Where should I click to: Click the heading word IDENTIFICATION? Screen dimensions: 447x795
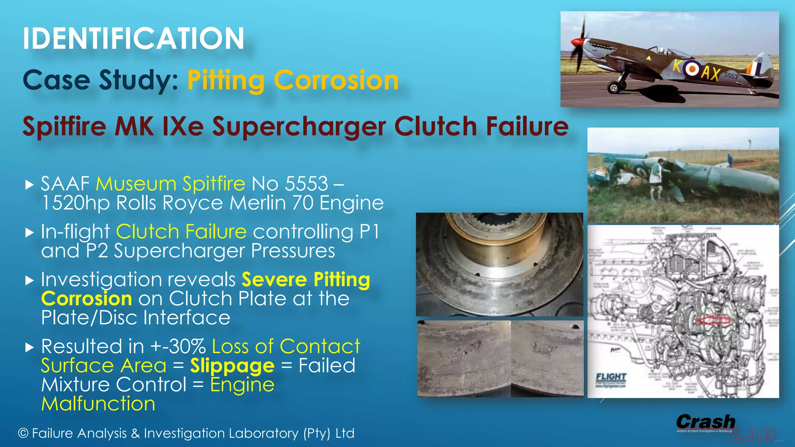pyautogui.click(x=133, y=39)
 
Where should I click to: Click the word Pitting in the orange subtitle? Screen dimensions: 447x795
pyautogui.click(x=226, y=81)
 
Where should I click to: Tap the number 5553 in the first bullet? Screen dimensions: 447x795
pyautogui.click(x=306, y=184)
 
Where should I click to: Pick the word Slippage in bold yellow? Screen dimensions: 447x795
pyautogui.click(x=232, y=366)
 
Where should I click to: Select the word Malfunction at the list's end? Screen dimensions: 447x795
pyautogui.click(x=98, y=404)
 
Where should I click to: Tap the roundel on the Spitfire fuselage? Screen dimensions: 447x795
pyautogui.click(x=691, y=69)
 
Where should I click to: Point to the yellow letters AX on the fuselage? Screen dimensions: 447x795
pyautogui.click(x=711, y=73)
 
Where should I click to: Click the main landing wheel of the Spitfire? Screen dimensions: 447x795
pyautogui.click(x=614, y=88)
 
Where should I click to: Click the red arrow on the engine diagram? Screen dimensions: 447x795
pyautogui.click(x=713, y=321)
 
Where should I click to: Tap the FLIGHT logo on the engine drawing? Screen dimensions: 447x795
pyautogui.click(x=611, y=377)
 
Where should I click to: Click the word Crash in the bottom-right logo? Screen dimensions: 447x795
pyautogui.click(x=706, y=421)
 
